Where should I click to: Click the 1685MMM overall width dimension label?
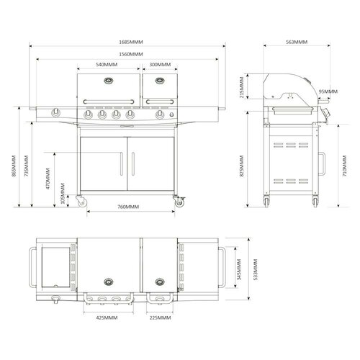click(131, 42)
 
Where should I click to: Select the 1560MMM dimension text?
click(131, 54)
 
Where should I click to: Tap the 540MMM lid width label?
click(107, 65)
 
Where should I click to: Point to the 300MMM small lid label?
click(160, 65)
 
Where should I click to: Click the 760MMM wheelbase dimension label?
click(128, 207)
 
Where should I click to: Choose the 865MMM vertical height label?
click(14, 166)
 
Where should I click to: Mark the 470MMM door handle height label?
click(48, 179)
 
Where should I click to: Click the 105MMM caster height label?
click(63, 194)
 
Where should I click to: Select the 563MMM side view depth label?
click(297, 42)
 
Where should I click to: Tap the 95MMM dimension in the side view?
click(328, 91)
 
